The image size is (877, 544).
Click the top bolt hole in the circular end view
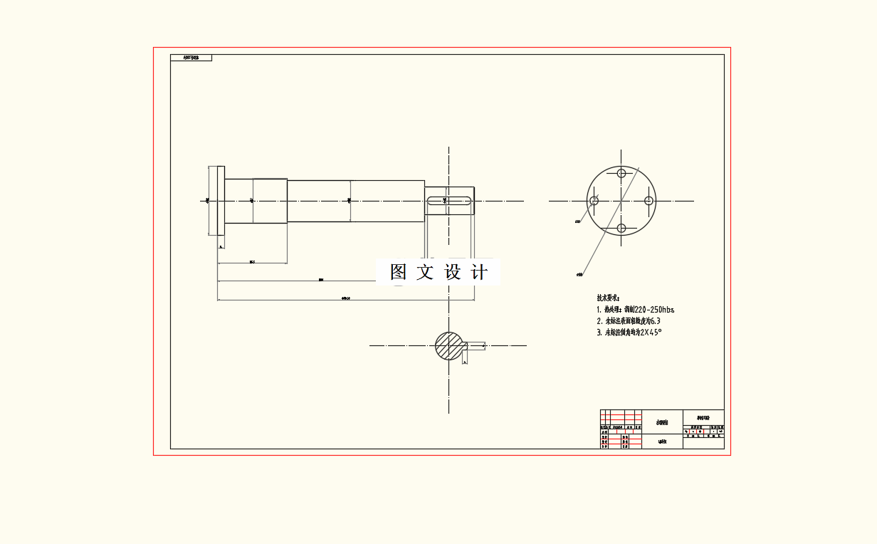pyautogui.click(x=621, y=173)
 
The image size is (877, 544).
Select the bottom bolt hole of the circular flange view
pyautogui.click(x=621, y=228)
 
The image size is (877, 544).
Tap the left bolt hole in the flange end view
pyautogui.click(x=594, y=201)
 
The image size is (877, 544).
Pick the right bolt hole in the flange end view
pyautogui.click(x=648, y=201)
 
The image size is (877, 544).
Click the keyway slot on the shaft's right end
pyautogui.click(x=449, y=201)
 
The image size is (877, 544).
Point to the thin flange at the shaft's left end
pyautogui.click(x=221, y=201)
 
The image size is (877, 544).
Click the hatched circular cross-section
pyautogui.click(x=448, y=346)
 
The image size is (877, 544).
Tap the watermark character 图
pyautogui.click(x=398, y=272)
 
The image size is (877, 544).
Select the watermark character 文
pyautogui.click(x=425, y=272)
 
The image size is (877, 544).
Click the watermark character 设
pyautogui.click(x=453, y=272)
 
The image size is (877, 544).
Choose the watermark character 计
pyautogui.click(x=480, y=272)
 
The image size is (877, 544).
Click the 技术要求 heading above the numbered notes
pyautogui.click(x=609, y=298)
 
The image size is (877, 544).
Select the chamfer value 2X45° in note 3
pyautogui.click(x=651, y=333)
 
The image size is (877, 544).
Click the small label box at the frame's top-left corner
pyautogui.click(x=191, y=58)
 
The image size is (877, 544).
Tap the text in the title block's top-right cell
pyautogui.click(x=703, y=417)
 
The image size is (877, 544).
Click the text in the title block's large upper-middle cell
pyautogui.click(x=662, y=422)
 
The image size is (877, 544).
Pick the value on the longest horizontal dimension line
pyautogui.click(x=346, y=298)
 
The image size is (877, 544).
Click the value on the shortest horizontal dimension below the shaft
pyautogui.click(x=252, y=262)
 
